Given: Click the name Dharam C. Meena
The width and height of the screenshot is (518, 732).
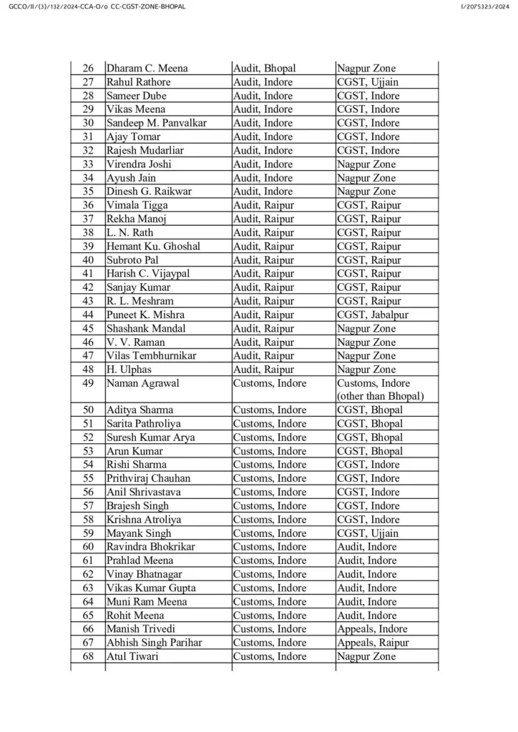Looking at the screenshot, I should coord(147,69).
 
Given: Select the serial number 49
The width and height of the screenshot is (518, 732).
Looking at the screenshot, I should coord(89,383).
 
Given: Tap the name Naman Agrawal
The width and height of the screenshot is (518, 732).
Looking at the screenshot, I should coord(142,383).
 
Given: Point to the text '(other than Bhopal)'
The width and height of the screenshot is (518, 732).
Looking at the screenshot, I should coord(381,397).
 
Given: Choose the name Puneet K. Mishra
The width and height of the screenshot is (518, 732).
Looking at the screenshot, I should coord(145,315).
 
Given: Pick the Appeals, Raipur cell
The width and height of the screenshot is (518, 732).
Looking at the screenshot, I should coord(373,643).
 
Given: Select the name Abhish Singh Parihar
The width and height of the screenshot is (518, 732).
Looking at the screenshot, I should coord(154,643).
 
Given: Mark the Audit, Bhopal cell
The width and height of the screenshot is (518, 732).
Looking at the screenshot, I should coord(265,69).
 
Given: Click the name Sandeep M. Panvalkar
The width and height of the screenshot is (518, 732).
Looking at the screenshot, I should coord(156,123).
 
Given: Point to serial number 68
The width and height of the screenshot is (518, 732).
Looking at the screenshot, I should coord(89,656).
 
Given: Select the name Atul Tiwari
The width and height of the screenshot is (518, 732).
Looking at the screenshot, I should coord(132,656).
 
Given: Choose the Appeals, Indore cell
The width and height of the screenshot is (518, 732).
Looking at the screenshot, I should coord(373,629).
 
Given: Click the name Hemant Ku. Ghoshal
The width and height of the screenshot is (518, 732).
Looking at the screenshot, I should coord(153,247).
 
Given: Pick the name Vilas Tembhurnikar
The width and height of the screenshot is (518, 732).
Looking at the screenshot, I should coord(151,356).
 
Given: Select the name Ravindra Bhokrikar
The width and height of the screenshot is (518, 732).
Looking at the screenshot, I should coord(151,547).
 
